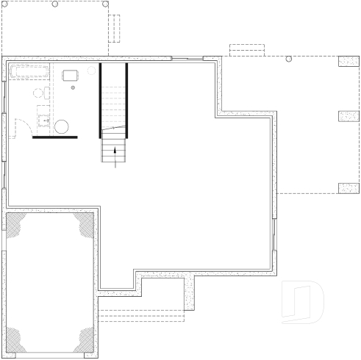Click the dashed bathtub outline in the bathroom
30,71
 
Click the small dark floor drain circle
72,87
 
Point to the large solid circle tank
62,126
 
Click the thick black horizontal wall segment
54,137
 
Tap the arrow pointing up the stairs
115,154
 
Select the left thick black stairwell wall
101,100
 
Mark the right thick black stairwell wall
126,100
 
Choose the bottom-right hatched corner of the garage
85,340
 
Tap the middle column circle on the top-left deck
55,4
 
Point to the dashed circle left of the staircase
93,71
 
